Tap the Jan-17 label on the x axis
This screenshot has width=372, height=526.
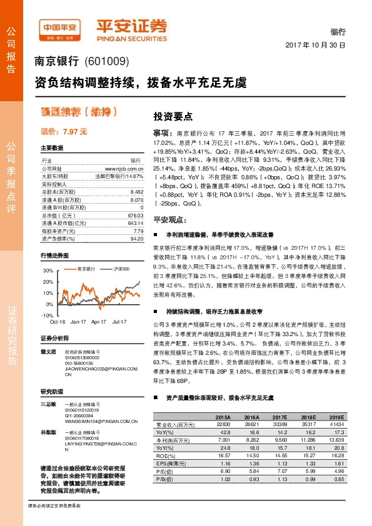coord(78,321)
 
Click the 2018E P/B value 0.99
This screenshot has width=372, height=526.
coord(306,479)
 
